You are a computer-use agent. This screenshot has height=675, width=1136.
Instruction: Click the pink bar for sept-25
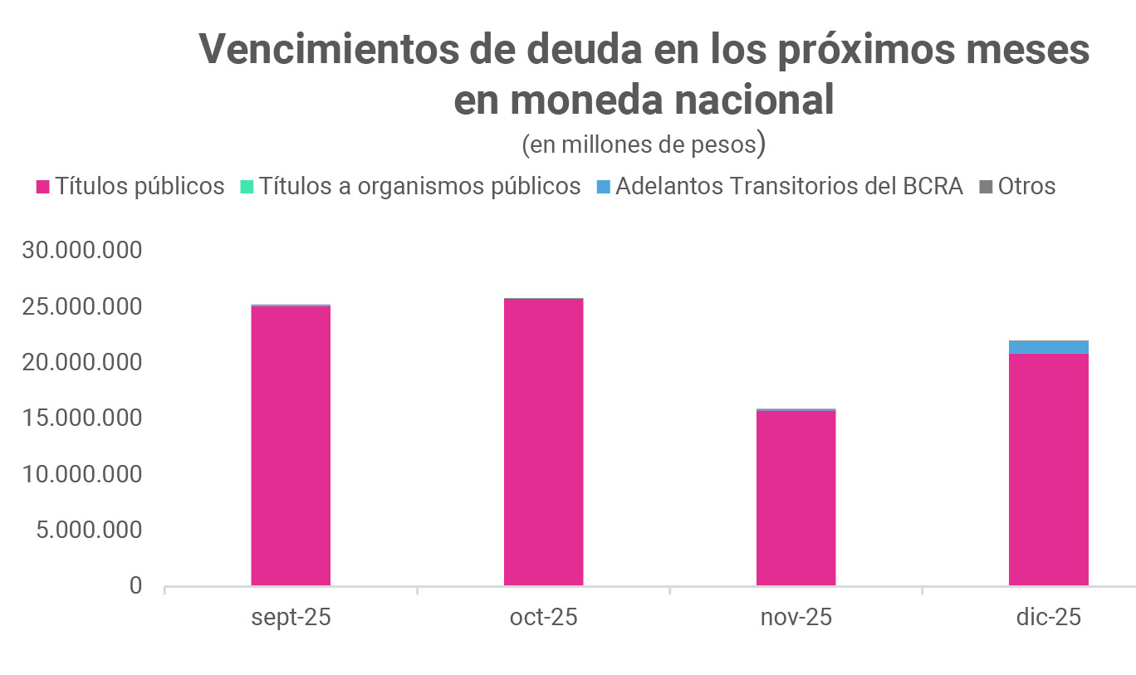pyautogui.click(x=291, y=446)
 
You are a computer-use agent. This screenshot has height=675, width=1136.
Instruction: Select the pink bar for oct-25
pyautogui.click(x=543, y=442)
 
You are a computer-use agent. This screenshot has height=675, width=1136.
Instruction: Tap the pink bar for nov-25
pyautogui.click(x=796, y=498)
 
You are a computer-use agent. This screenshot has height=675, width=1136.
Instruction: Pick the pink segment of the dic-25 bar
pyautogui.click(x=1048, y=469)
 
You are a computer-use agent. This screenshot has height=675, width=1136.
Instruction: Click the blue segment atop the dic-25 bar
pyautogui.click(x=1048, y=347)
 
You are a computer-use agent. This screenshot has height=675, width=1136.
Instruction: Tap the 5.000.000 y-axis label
pyautogui.click(x=89, y=531)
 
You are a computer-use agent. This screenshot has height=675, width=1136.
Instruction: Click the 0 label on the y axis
pyautogui.click(x=135, y=586)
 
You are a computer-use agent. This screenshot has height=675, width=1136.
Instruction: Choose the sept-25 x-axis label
pyautogui.click(x=291, y=619)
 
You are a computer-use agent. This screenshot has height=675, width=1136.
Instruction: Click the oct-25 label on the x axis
pyautogui.click(x=543, y=619)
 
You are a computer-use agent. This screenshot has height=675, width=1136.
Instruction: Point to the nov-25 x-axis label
pyautogui.click(x=796, y=619)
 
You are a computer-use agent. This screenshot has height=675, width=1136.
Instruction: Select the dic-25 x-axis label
pyautogui.click(x=1048, y=619)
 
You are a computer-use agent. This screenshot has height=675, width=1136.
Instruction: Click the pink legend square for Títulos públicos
pyautogui.click(x=43, y=187)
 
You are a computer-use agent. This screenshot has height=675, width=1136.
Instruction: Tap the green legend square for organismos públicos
pyautogui.click(x=247, y=187)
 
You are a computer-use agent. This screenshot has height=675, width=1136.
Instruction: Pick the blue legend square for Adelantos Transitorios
pyautogui.click(x=604, y=187)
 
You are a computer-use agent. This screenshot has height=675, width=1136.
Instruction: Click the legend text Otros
pyautogui.click(x=1026, y=186)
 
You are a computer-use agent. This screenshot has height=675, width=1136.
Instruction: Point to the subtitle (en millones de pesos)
pyautogui.click(x=644, y=144)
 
